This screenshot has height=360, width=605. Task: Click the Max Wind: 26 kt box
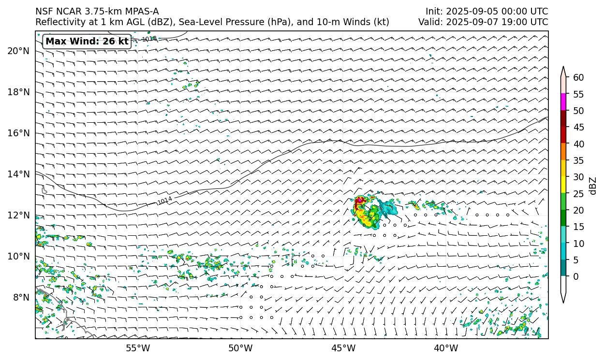(87, 42)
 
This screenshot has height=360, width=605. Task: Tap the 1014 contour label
(165, 201)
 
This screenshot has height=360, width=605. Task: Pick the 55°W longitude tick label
(138, 348)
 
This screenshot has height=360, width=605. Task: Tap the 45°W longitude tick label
(343, 348)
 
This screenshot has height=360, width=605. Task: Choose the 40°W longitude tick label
(446, 348)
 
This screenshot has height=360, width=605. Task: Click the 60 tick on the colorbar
(578, 77)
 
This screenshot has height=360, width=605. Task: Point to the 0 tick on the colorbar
(575, 276)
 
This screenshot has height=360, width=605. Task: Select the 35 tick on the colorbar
(578, 160)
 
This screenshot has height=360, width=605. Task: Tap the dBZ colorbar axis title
(593, 186)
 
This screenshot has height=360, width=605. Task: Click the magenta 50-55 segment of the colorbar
(563, 102)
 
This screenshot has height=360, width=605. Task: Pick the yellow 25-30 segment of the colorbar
(563, 185)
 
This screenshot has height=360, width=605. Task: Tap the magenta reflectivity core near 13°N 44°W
(359, 201)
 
